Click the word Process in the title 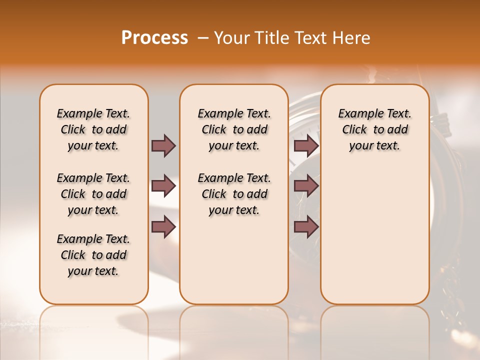coord(154,38)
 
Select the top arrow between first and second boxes coord(163,145)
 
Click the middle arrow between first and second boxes coord(163,186)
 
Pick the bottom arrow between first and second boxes coord(163,227)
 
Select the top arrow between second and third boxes coord(306,145)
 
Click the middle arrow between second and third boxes coord(306,186)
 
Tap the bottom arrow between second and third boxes coord(306,227)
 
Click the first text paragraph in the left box coord(93,129)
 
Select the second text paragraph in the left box coord(93,194)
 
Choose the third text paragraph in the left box coord(93,255)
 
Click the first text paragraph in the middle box coord(234,129)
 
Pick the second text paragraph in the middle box coord(234,194)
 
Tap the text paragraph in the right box coord(374,129)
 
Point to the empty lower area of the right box coord(374,235)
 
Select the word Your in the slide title coord(229,38)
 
